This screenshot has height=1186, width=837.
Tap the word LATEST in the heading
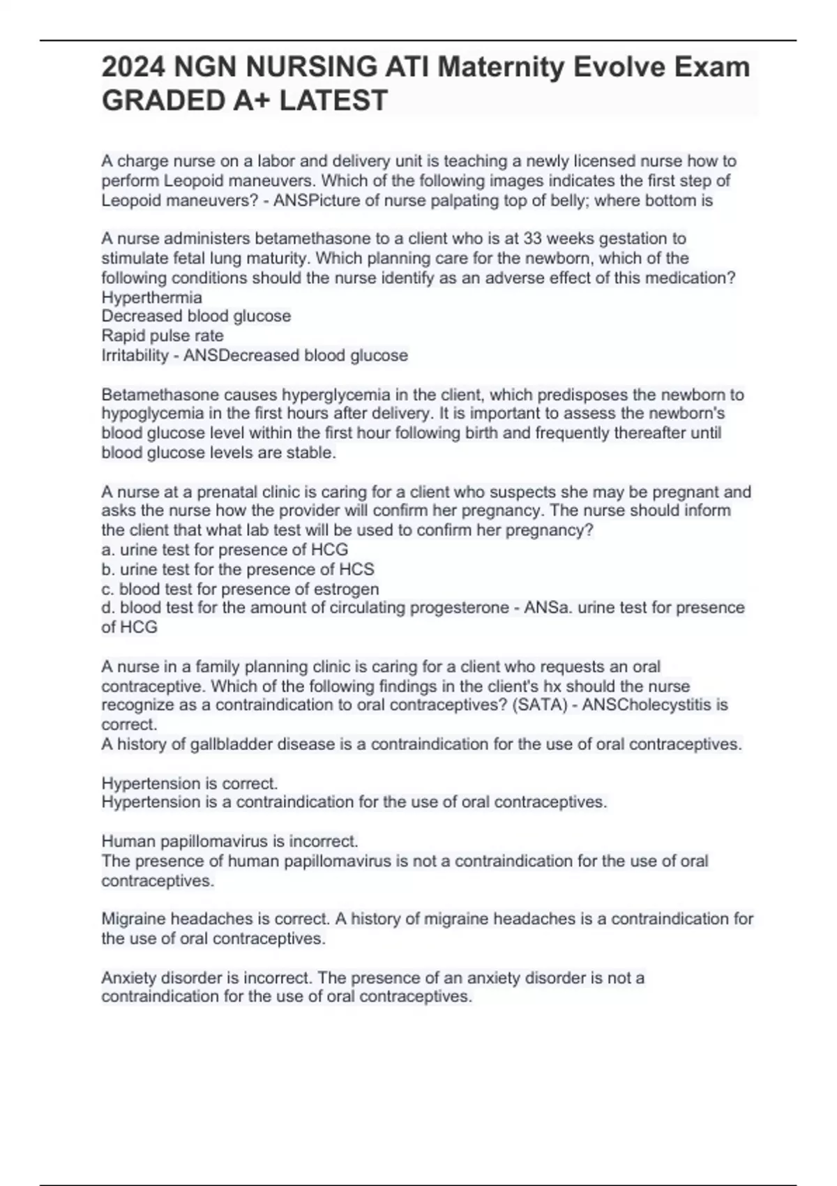[333, 100]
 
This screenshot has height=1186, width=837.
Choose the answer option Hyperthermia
[151, 297]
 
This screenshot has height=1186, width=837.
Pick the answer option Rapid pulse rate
[163, 336]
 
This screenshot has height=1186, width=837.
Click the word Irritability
[135, 356]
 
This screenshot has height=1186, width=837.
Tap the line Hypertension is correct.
[190, 783]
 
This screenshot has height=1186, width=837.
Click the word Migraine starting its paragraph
[133, 919]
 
